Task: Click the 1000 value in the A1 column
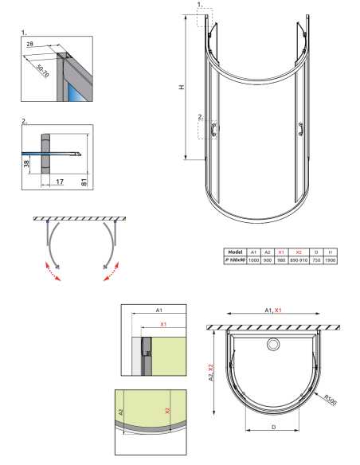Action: [253, 260]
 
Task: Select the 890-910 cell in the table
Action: [299, 260]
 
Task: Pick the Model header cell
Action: [236, 252]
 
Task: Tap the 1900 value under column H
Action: [330, 260]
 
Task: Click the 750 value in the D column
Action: [316, 260]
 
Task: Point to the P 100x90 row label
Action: [235, 260]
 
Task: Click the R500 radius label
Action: [330, 400]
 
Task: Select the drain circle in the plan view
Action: [273, 344]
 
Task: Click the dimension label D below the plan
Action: [273, 427]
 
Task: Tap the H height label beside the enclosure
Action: [182, 87]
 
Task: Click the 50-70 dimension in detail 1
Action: [42, 71]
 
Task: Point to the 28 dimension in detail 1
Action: [30, 44]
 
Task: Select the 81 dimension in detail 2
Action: [84, 182]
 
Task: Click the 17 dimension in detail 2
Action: [60, 182]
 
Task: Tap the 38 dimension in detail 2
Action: [26, 163]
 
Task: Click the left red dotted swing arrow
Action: [53, 271]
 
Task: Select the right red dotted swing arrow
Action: [112, 271]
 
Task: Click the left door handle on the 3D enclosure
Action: [214, 130]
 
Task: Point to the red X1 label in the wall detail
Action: [163, 324]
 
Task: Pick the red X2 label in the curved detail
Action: [167, 411]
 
